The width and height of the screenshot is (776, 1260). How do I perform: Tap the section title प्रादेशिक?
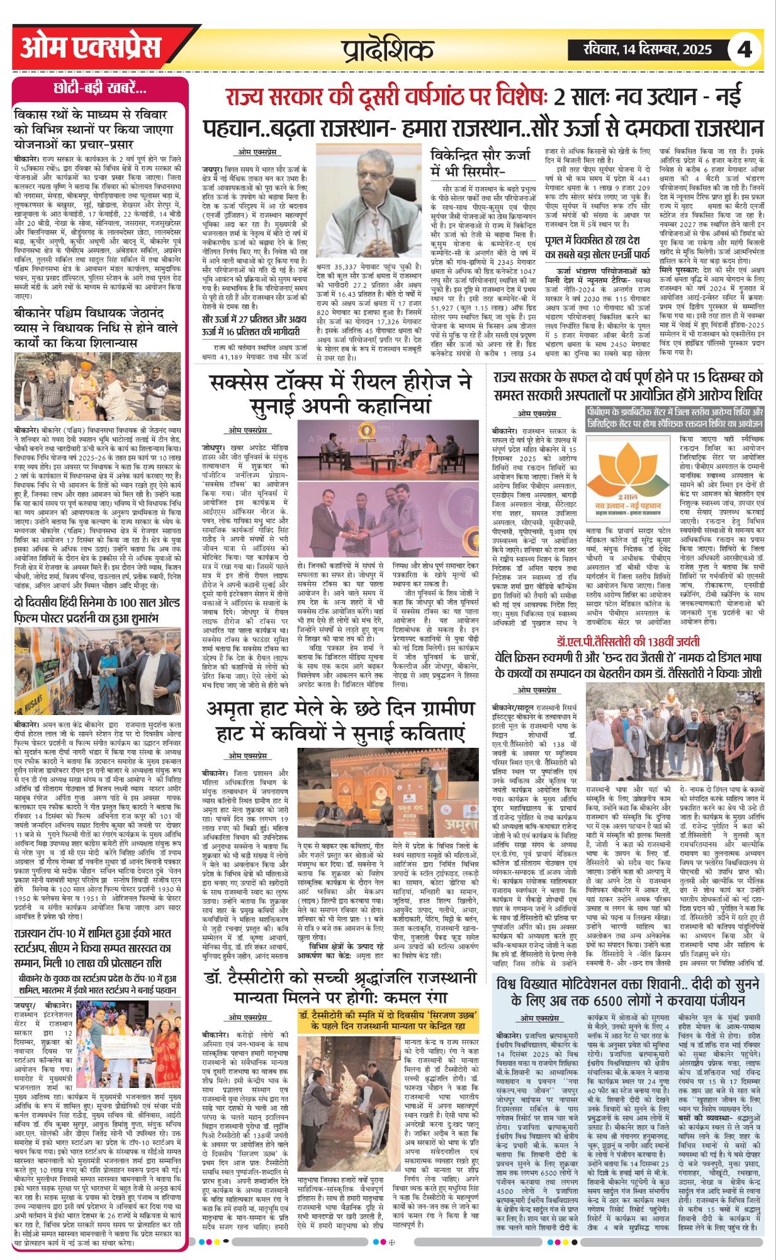coord(388,50)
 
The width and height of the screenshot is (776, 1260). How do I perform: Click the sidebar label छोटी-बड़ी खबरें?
coord(100,88)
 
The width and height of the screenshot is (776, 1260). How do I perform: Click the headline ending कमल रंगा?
coord(341,988)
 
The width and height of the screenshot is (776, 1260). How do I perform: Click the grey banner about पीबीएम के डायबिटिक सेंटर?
coord(675,418)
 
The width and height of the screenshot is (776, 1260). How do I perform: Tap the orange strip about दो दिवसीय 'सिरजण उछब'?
coord(388,1021)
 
